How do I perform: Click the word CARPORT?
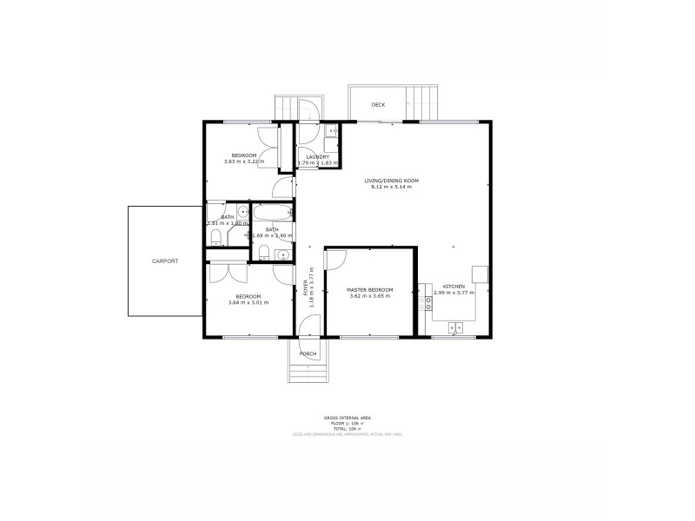pos(165,260)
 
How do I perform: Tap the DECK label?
pos(378,105)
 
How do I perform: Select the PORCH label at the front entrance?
pos(308,353)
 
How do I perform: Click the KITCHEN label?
pos(453,287)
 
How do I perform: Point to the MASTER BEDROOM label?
pos(370,290)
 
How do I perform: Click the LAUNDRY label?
pos(318,157)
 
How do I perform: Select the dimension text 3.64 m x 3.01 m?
pos(248,302)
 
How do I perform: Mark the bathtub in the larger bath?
pos(270,213)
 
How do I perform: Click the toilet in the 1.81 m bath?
pos(216,237)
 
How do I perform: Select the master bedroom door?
pos(337,259)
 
